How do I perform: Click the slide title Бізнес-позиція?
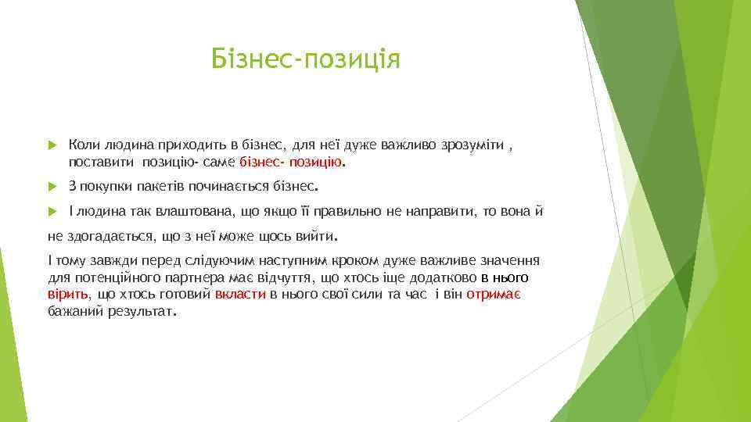pos(306,59)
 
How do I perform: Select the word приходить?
pos(175,145)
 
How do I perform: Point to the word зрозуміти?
pos(472,145)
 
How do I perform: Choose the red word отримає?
pos(494,294)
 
